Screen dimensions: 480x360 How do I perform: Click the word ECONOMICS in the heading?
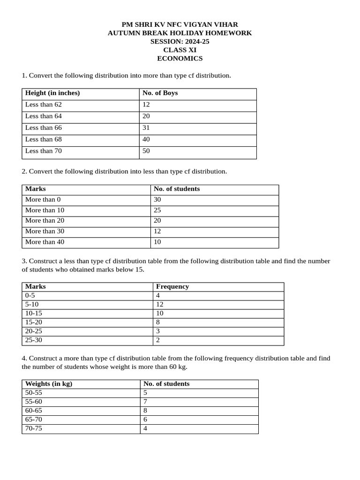click(180, 59)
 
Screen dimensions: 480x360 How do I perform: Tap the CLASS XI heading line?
click(180, 50)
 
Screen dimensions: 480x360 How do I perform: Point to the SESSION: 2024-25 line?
click(180, 42)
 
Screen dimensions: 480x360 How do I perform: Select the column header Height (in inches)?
click(52, 93)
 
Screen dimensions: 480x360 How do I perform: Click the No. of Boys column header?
click(160, 93)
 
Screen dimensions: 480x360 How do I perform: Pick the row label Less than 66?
click(44, 128)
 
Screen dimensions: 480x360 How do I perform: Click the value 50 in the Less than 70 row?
click(147, 151)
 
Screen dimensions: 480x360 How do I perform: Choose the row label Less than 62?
click(44, 105)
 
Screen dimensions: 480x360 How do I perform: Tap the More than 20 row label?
click(45, 221)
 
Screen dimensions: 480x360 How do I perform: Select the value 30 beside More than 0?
click(158, 200)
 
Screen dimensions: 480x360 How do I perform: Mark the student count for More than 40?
click(158, 242)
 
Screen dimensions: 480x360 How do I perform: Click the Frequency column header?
click(172, 287)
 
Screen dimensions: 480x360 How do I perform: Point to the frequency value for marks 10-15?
click(160, 313)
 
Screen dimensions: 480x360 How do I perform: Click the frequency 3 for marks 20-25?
click(158, 331)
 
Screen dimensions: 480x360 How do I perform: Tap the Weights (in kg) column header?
click(49, 384)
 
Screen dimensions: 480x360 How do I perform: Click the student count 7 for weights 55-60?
click(145, 402)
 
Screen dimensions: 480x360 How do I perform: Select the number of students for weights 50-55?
click(145, 393)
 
